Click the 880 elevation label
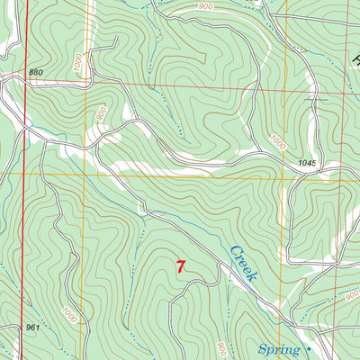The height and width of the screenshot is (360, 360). (x=35, y=72)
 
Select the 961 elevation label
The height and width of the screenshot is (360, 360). (x=31, y=328)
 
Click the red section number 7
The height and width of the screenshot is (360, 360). (x=182, y=266)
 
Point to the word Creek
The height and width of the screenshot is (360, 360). (x=242, y=262)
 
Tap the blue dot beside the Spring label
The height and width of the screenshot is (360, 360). (x=308, y=346)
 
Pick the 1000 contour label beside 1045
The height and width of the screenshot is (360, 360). (x=276, y=143)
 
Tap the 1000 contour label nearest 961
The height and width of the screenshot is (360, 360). (x=69, y=315)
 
